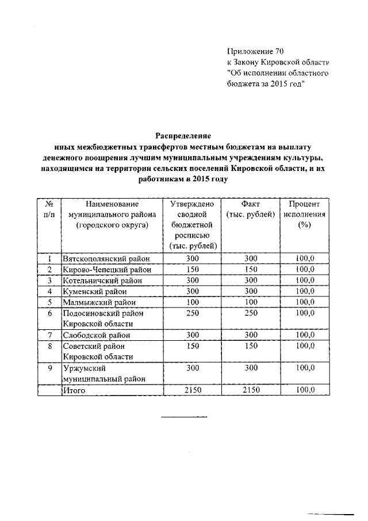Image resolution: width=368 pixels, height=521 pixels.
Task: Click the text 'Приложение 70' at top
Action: click(x=255, y=52)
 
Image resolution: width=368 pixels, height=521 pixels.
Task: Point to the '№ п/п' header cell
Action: click(x=49, y=210)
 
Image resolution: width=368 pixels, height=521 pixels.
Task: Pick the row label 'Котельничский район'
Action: click(x=101, y=280)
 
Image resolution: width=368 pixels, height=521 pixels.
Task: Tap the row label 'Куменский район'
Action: click(x=94, y=291)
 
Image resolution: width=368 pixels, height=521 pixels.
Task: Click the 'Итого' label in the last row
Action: click(x=74, y=390)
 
